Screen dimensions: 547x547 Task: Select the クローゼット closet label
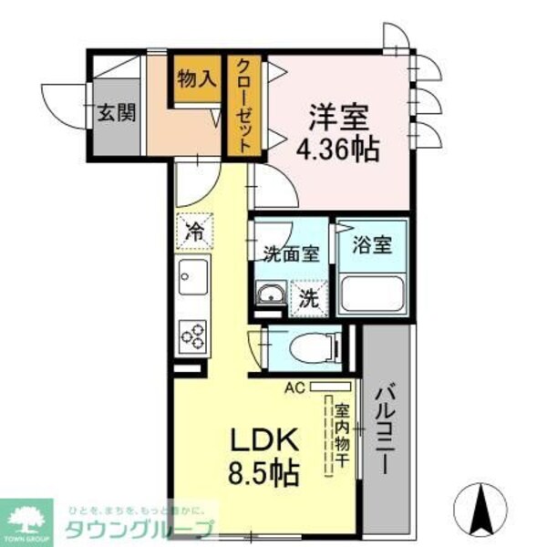(244, 102)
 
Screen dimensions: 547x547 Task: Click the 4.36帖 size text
(337, 150)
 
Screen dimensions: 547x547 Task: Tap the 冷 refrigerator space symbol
(193, 231)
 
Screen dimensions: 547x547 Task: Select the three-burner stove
(193, 335)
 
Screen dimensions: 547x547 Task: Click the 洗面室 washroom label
(291, 254)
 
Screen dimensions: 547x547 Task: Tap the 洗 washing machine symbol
(308, 295)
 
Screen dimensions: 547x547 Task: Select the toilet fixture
(308, 347)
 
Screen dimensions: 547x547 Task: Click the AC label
(294, 387)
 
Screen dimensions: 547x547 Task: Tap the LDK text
(263, 442)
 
